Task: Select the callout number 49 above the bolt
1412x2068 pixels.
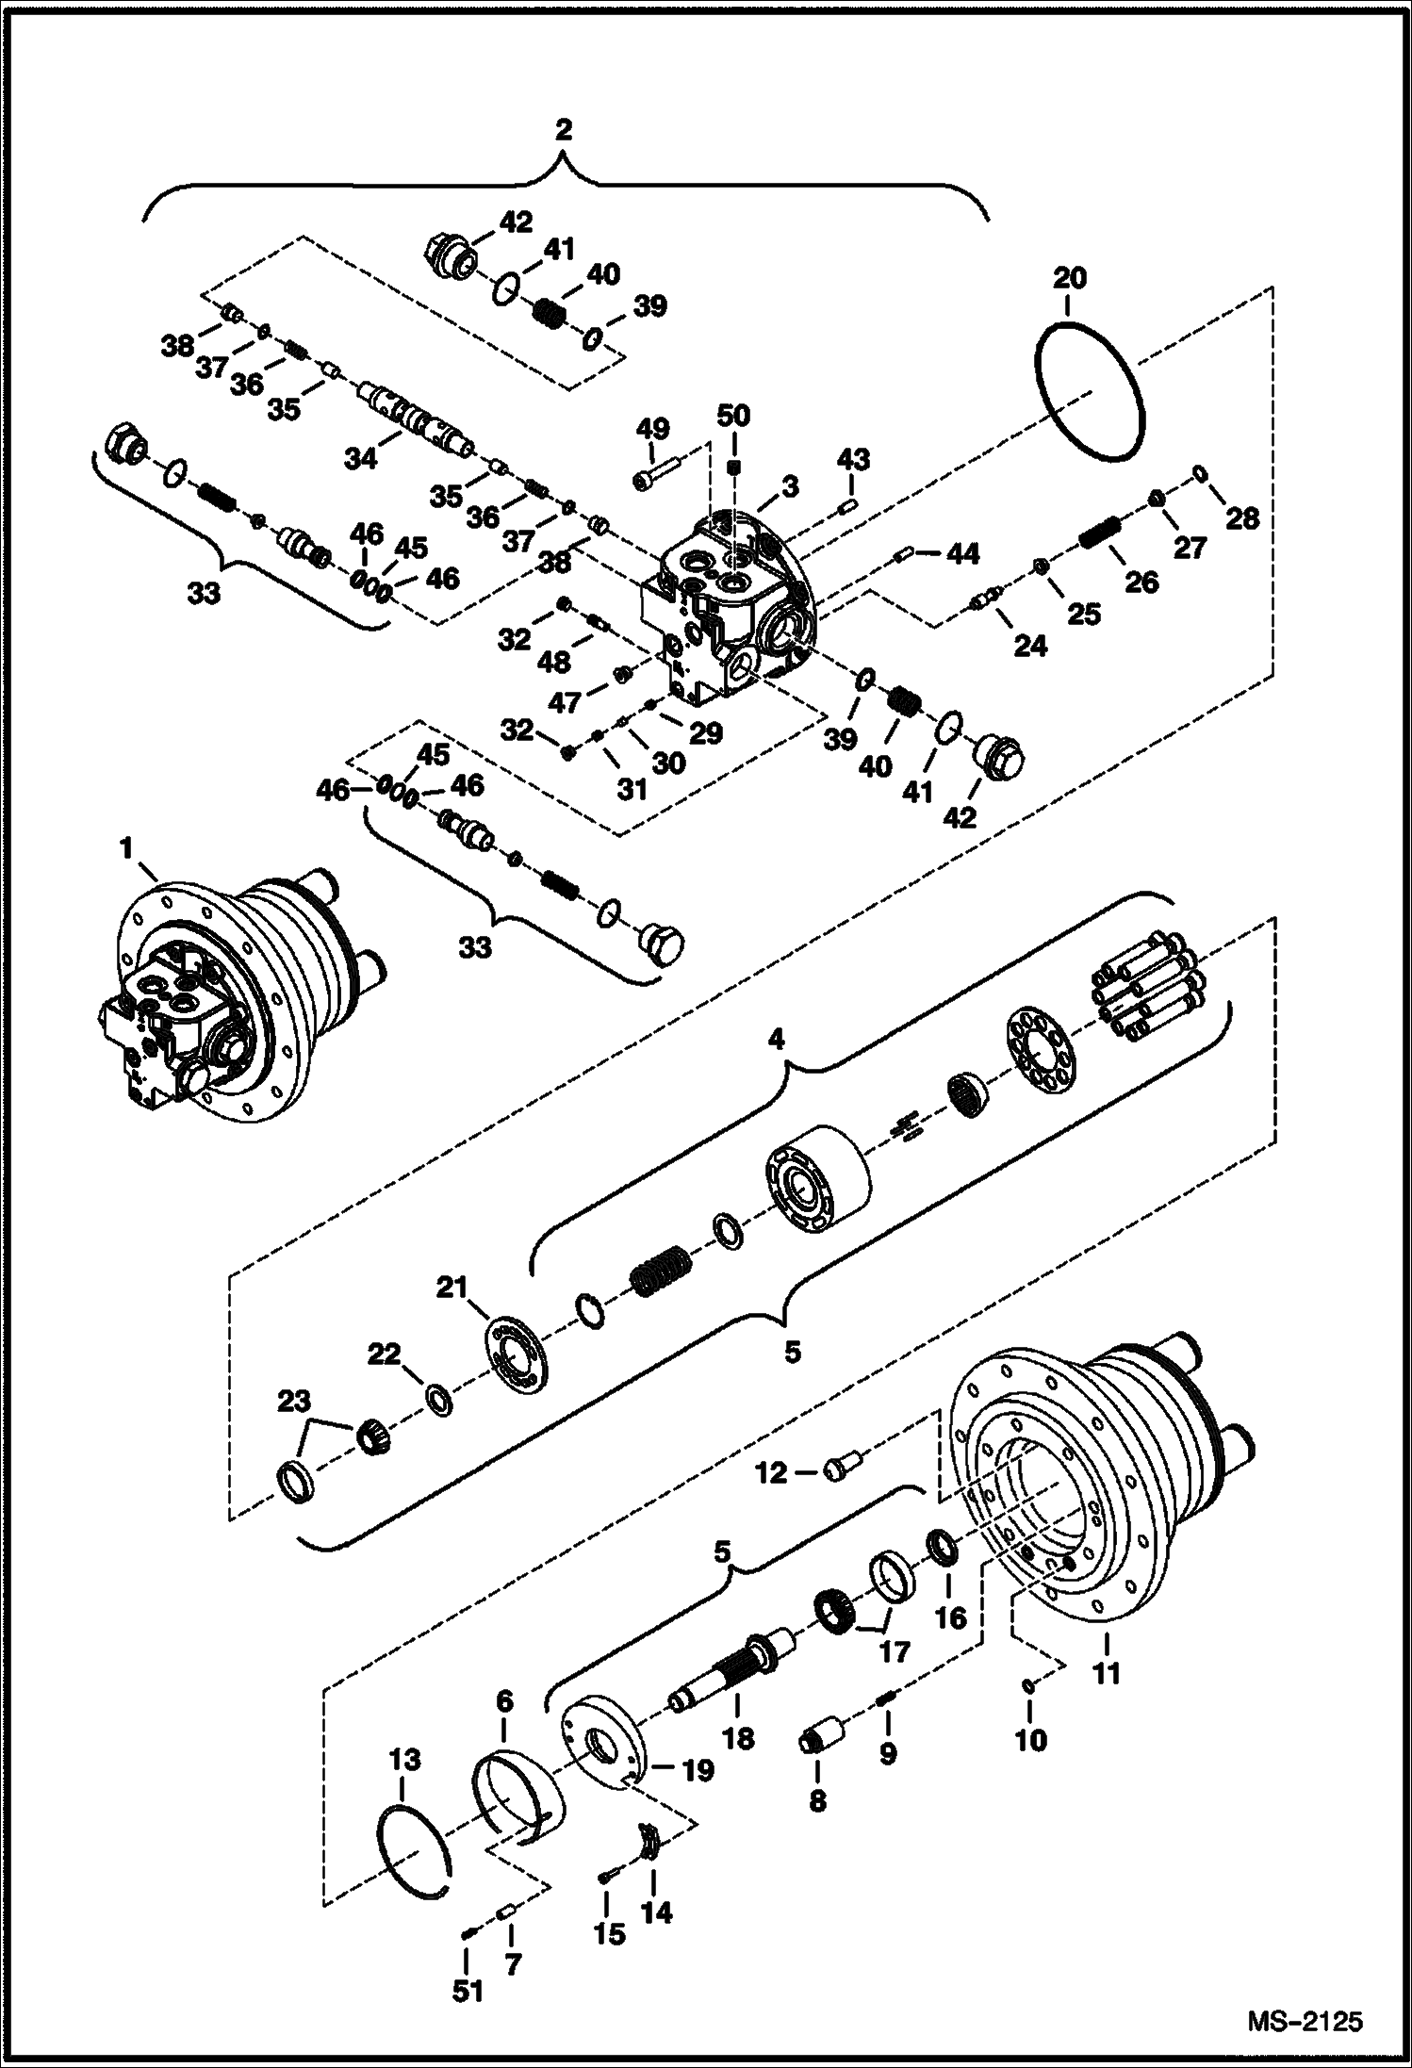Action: tap(652, 429)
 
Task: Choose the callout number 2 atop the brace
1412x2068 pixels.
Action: tap(563, 129)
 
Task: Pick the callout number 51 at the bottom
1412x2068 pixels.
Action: tap(468, 1990)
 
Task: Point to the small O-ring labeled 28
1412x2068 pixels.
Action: tap(1201, 471)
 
